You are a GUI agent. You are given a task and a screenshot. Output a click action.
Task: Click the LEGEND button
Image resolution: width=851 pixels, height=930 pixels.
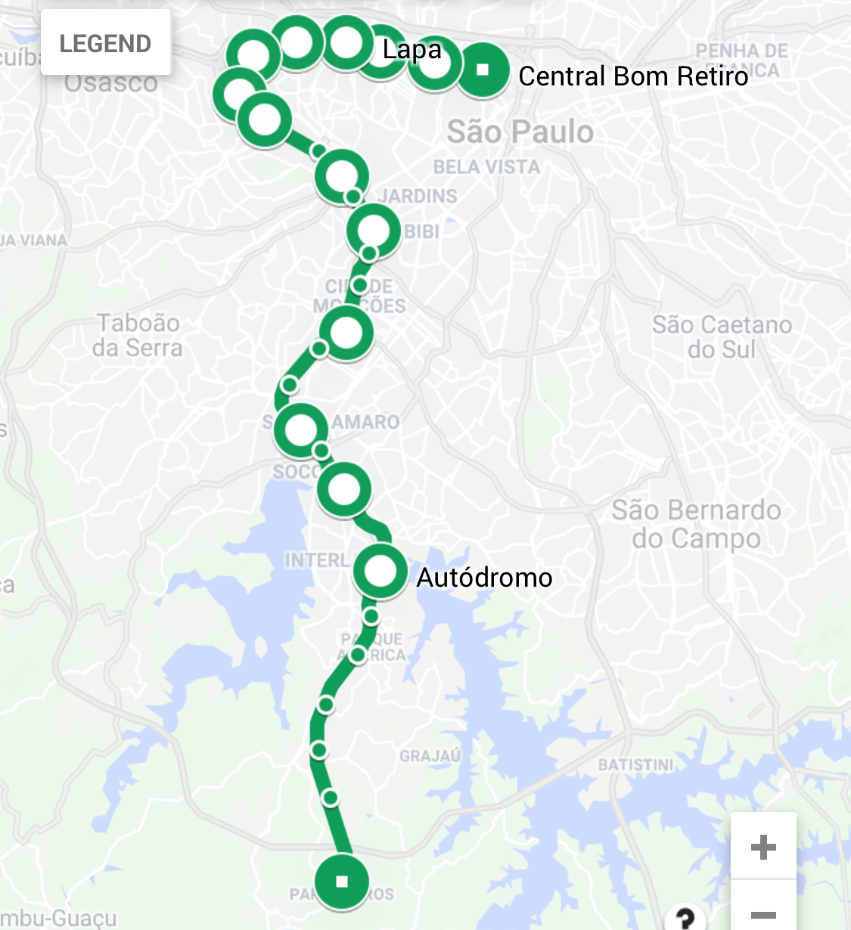coord(105,43)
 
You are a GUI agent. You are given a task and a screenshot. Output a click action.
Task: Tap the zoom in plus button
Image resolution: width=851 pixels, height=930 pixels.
coord(763,847)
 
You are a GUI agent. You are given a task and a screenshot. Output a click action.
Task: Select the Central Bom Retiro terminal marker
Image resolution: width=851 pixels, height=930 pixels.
coord(483,70)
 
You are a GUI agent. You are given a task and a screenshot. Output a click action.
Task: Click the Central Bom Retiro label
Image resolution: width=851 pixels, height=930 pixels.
coord(633,76)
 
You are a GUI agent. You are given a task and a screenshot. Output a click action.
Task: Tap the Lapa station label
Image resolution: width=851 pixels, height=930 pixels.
coord(412,50)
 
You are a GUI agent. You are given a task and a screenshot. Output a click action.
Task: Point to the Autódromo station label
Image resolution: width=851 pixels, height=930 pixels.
coord(484,578)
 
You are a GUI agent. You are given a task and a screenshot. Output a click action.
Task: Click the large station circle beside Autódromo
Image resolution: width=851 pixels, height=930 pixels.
coord(380,572)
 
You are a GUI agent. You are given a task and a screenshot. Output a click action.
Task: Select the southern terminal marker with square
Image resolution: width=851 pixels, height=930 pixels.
coord(342,881)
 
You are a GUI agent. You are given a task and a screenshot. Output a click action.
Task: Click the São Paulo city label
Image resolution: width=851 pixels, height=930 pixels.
coord(520,132)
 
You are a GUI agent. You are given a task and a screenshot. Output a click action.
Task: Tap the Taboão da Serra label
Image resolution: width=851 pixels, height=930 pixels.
coord(138,335)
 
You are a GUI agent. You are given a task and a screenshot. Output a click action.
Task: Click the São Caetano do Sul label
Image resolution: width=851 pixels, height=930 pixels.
coord(722,336)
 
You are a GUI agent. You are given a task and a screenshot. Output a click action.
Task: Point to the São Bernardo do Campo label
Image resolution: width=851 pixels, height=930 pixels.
coord(696,524)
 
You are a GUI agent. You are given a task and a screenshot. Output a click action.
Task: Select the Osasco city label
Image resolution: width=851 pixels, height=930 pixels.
coord(110,82)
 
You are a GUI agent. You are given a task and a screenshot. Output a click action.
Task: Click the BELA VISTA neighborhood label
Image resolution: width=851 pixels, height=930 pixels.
coord(486,167)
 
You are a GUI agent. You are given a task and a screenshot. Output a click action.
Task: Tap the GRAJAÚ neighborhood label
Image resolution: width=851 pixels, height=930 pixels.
coord(430,756)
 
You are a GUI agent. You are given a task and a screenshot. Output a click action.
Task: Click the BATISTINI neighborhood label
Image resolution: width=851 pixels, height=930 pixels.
coord(635,765)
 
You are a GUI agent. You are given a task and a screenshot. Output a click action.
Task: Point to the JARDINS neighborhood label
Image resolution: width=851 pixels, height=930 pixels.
coord(418,197)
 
